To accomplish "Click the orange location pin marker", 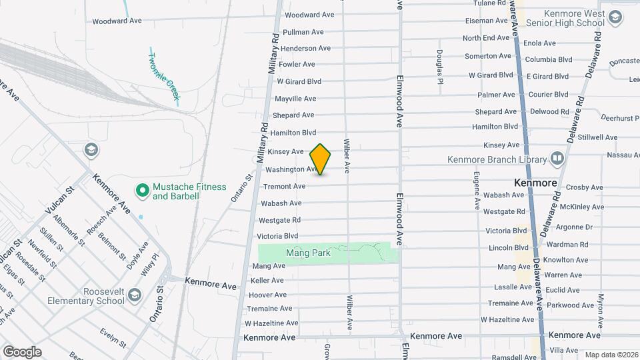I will (321, 159).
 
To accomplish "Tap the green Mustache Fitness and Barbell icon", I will (141, 191).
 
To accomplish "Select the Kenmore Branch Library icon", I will (557, 159).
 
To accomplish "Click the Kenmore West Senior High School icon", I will (614, 18).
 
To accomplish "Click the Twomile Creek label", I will (164, 77).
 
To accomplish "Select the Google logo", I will (22, 352).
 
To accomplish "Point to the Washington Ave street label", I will (291, 169).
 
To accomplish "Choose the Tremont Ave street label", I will (285, 186).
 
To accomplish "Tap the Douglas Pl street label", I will (440, 67).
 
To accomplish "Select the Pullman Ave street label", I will (303, 32).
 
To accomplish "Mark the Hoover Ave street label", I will (268, 295).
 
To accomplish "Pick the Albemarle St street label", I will (69, 230).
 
